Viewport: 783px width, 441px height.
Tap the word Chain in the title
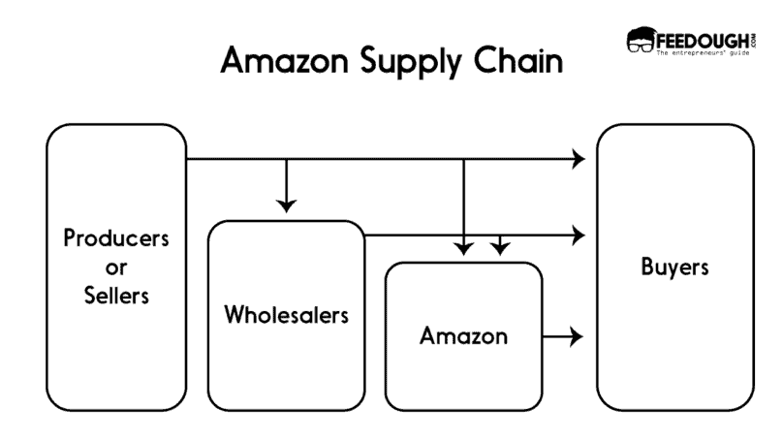518,62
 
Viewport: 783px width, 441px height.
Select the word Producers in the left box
116,237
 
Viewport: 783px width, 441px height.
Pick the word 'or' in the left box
116,267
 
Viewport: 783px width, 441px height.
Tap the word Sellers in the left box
116,296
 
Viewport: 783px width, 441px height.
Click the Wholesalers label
286,316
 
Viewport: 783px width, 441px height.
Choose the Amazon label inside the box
463,336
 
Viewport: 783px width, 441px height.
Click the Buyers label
674,267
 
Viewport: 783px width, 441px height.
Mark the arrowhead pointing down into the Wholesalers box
286,205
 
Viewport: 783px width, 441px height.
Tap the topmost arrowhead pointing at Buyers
579,158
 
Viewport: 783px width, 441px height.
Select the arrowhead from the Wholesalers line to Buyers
579,235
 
